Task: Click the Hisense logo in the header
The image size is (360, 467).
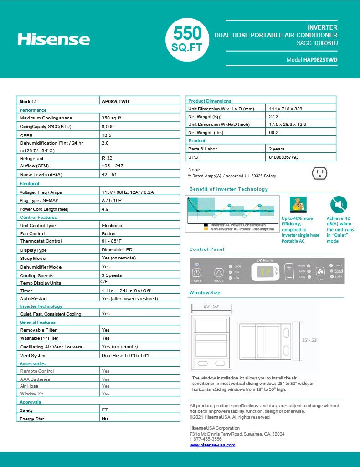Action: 54,39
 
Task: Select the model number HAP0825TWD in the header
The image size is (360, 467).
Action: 320,60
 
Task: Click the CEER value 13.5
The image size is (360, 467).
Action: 107,135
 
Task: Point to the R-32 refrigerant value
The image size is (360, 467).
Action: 107,158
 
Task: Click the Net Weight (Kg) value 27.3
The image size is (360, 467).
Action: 273,117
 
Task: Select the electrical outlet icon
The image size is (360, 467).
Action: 319,173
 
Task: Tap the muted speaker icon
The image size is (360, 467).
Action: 339,204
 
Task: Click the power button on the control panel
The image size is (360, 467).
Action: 196,272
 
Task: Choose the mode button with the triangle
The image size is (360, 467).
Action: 218,272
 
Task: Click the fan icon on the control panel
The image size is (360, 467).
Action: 320,270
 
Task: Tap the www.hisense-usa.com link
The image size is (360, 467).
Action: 212,445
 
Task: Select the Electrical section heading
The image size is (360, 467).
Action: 30,183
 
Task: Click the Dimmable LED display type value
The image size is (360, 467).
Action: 117,249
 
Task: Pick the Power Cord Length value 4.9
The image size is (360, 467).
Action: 105,209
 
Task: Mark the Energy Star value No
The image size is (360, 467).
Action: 104,418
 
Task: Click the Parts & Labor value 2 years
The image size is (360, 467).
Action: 276,149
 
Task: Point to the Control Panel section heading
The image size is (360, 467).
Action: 207,249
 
